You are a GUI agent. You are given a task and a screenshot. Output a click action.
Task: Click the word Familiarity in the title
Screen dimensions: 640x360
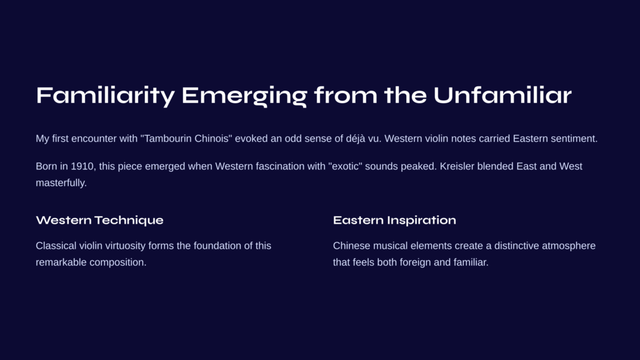105,96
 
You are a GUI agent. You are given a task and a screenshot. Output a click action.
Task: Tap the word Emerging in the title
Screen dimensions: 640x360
244,96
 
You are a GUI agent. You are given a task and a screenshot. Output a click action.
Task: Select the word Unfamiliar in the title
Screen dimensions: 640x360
502,95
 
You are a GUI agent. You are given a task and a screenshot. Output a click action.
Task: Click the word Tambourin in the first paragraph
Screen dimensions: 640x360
167,139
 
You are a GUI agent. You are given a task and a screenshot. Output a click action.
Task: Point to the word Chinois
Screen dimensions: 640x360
211,139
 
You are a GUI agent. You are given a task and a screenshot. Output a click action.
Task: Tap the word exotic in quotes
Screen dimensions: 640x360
345,166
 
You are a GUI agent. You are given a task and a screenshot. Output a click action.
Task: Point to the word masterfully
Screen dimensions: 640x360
61,183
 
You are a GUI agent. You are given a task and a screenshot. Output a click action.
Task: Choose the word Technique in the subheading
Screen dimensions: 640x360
129,221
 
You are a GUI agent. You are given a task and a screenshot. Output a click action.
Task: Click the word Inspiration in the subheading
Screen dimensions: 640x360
422,221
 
